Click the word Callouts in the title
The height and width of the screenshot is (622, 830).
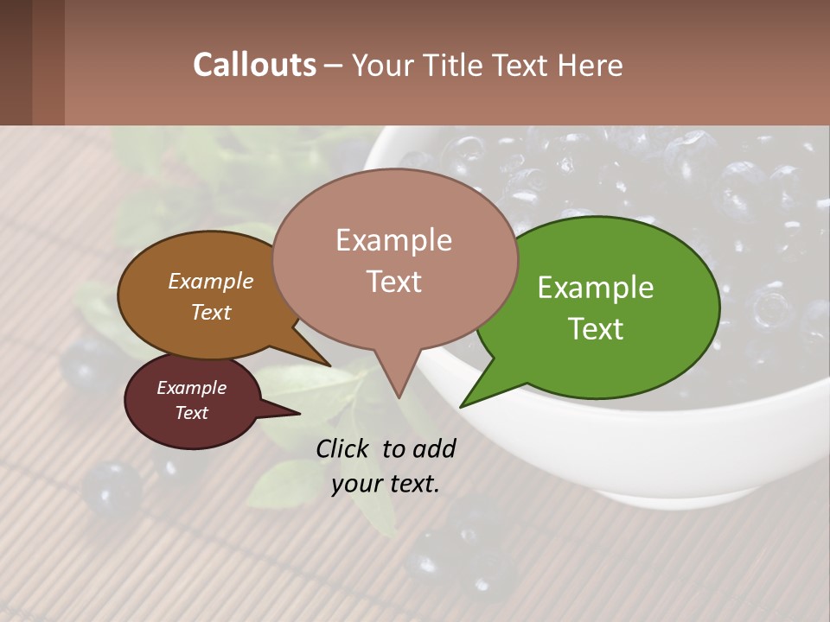[x=254, y=65]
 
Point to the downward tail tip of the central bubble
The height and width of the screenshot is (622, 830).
[x=399, y=397]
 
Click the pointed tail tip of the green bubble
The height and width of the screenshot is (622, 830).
[x=463, y=405]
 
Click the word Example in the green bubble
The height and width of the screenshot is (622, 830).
[x=596, y=288]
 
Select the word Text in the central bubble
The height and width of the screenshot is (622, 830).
[x=393, y=282]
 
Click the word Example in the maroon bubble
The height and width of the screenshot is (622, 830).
[x=191, y=388]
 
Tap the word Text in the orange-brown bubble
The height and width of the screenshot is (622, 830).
[x=211, y=312]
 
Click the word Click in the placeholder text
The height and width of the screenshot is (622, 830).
[x=343, y=448]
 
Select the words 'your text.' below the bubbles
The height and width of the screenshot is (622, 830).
[x=386, y=484]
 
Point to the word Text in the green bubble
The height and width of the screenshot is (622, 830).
[x=597, y=329]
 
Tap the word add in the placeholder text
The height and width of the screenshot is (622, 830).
[x=433, y=448]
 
